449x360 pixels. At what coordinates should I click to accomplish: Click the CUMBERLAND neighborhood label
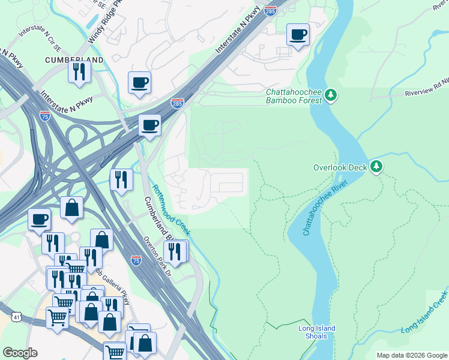click(74, 60)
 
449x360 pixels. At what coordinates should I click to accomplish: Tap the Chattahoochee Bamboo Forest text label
click(295, 96)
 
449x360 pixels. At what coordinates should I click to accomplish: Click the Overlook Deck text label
click(340, 167)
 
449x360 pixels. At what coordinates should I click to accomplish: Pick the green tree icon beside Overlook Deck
click(376, 166)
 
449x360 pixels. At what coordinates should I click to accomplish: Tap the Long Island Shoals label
click(316, 332)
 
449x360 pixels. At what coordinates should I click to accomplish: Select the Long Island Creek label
click(425, 313)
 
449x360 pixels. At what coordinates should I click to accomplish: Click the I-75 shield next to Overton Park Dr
click(136, 260)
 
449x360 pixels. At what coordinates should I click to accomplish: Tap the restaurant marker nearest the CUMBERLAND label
click(79, 71)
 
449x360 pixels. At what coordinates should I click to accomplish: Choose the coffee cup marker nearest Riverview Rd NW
click(297, 34)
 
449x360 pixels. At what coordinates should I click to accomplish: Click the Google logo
click(20, 353)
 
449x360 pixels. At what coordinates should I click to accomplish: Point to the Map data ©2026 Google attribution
click(411, 355)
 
